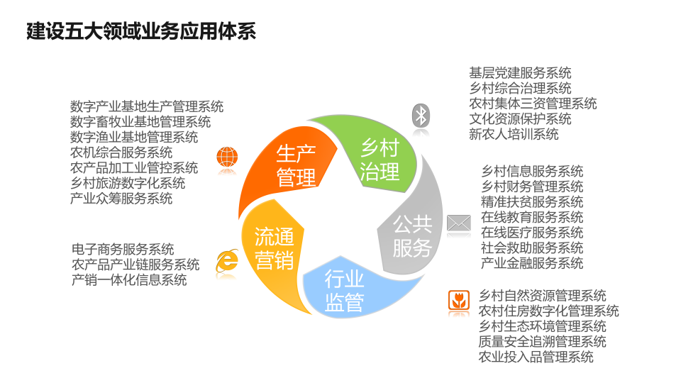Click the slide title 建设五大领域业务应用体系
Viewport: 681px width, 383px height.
click(x=141, y=31)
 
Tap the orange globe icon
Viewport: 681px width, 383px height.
click(x=227, y=157)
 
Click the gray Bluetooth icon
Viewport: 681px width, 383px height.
click(x=421, y=116)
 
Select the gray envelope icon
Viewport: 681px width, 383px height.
click(x=459, y=223)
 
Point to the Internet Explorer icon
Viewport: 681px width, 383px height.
click(x=227, y=260)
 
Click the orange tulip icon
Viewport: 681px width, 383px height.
click(x=459, y=300)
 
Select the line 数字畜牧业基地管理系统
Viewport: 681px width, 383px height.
click(x=140, y=122)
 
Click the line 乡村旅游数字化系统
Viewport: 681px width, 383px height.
click(x=128, y=183)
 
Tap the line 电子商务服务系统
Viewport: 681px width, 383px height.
click(x=123, y=249)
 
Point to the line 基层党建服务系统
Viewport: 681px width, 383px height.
click(x=520, y=73)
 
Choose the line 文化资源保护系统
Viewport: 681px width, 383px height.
click(x=520, y=119)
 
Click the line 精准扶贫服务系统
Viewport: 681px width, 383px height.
click(x=532, y=202)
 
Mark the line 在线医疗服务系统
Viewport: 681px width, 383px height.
click(x=532, y=233)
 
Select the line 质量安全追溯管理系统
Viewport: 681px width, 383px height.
click(x=543, y=342)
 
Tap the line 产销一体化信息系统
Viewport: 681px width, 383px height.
click(x=129, y=280)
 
